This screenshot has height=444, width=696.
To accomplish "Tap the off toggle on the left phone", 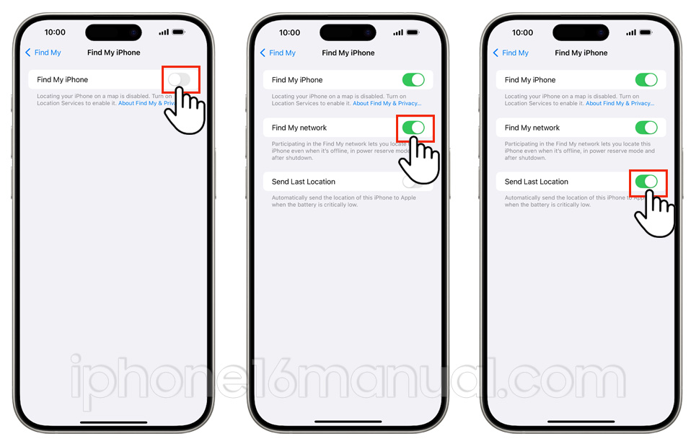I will [x=179, y=79].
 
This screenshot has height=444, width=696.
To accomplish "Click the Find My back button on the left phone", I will [x=43, y=53].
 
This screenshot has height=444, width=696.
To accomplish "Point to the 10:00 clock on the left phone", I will [x=55, y=32].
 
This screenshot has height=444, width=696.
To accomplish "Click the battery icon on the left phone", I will [x=178, y=32].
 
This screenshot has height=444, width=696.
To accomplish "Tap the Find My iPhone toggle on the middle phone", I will [x=413, y=79].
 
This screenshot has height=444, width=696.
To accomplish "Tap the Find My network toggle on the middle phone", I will [x=413, y=128].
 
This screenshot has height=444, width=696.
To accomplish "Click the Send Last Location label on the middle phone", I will [x=304, y=182].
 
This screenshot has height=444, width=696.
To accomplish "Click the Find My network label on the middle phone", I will [x=299, y=128].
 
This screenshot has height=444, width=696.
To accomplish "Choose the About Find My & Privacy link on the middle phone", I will [x=387, y=103].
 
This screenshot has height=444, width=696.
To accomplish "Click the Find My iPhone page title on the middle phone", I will [x=348, y=53].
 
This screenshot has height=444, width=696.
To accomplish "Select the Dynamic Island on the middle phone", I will [x=348, y=32].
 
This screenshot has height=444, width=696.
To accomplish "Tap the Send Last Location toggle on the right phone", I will [x=646, y=182].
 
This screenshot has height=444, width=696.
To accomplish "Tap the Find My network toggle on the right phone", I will [x=646, y=128].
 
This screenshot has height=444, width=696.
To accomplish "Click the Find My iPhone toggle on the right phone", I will [x=646, y=79].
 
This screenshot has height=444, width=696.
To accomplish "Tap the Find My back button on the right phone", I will [x=511, y=53].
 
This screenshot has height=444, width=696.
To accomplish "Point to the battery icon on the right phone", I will [x=646, y=32].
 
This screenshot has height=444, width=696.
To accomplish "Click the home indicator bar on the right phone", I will [x=581, y=422].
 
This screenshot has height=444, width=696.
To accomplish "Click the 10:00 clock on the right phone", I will [x=522, y=32].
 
